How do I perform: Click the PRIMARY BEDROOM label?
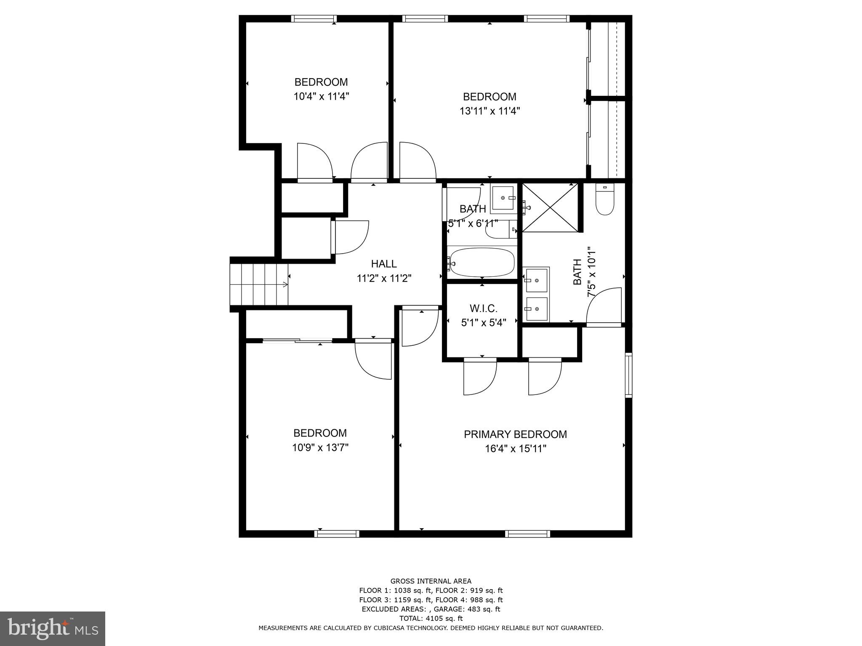point(515,434)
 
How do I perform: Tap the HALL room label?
point(383,264)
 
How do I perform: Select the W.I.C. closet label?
point(483,308)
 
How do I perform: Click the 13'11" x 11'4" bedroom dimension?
point(490,111)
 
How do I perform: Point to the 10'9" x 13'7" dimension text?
point(320,447)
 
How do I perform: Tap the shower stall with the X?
point(550,207)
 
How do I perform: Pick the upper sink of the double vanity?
point(536,279)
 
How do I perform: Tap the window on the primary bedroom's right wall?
point(628,375)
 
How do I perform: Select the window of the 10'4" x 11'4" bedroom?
point(314,19)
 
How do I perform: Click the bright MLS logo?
point(53,628)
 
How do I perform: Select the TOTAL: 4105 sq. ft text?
point(431,618)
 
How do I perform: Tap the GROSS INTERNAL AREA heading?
point(431,581)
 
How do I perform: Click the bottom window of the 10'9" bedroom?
point(337,534)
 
